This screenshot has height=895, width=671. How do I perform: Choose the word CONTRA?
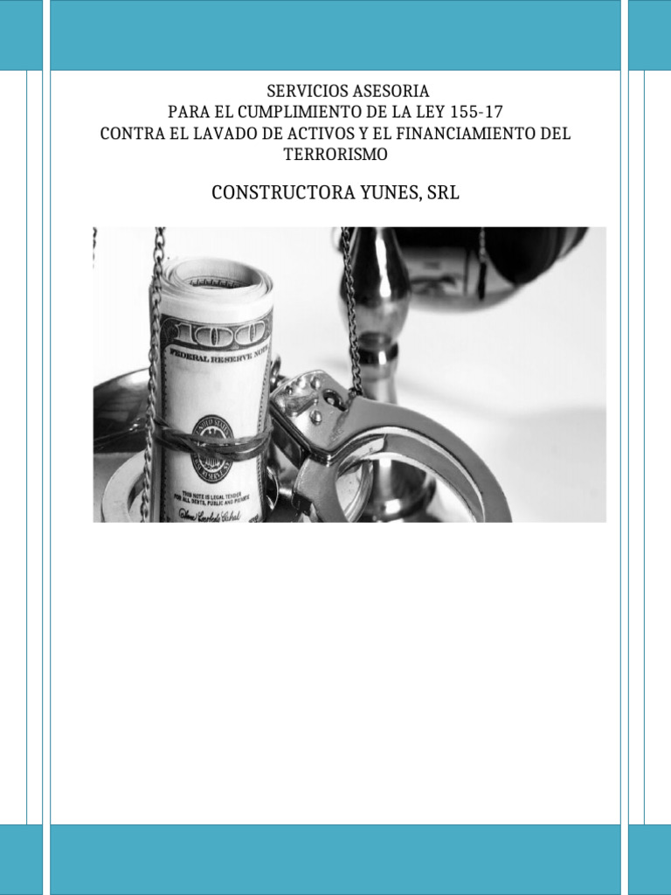129,135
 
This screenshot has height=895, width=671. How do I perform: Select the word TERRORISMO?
335,156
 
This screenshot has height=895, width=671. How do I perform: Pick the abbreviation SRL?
442,193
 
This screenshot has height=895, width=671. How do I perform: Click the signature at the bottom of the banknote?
210,516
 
